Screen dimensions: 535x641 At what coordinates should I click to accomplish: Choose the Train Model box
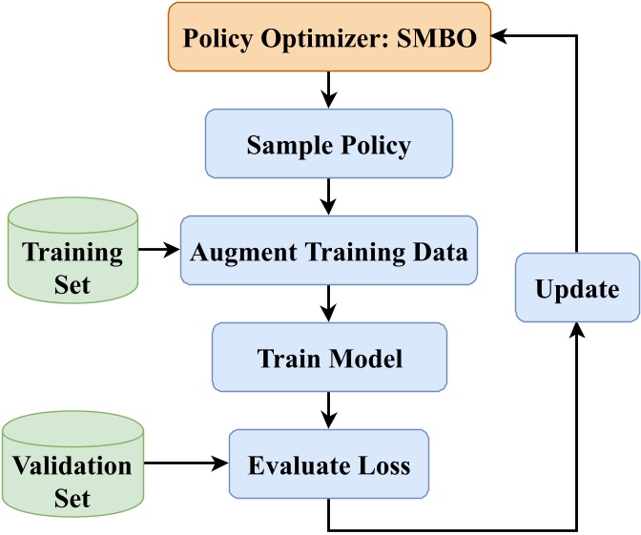click(329, 359)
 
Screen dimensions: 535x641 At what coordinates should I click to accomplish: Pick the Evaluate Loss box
click(328, 465)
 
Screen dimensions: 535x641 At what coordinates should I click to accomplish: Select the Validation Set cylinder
click(72, 467)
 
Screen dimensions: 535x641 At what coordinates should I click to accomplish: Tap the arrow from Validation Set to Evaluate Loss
click(185, 465)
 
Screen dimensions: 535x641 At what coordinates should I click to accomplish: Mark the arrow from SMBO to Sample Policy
click(328, 92)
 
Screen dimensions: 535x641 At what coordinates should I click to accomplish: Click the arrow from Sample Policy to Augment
click(328, 198)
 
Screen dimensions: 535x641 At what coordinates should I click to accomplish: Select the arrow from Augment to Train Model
click(328, 305)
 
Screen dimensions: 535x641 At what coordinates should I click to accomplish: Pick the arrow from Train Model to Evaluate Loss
click(328, 412)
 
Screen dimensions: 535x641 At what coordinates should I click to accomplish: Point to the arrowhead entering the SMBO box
click(502, 36)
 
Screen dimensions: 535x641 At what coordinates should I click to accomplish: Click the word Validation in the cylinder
click(72, 466)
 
